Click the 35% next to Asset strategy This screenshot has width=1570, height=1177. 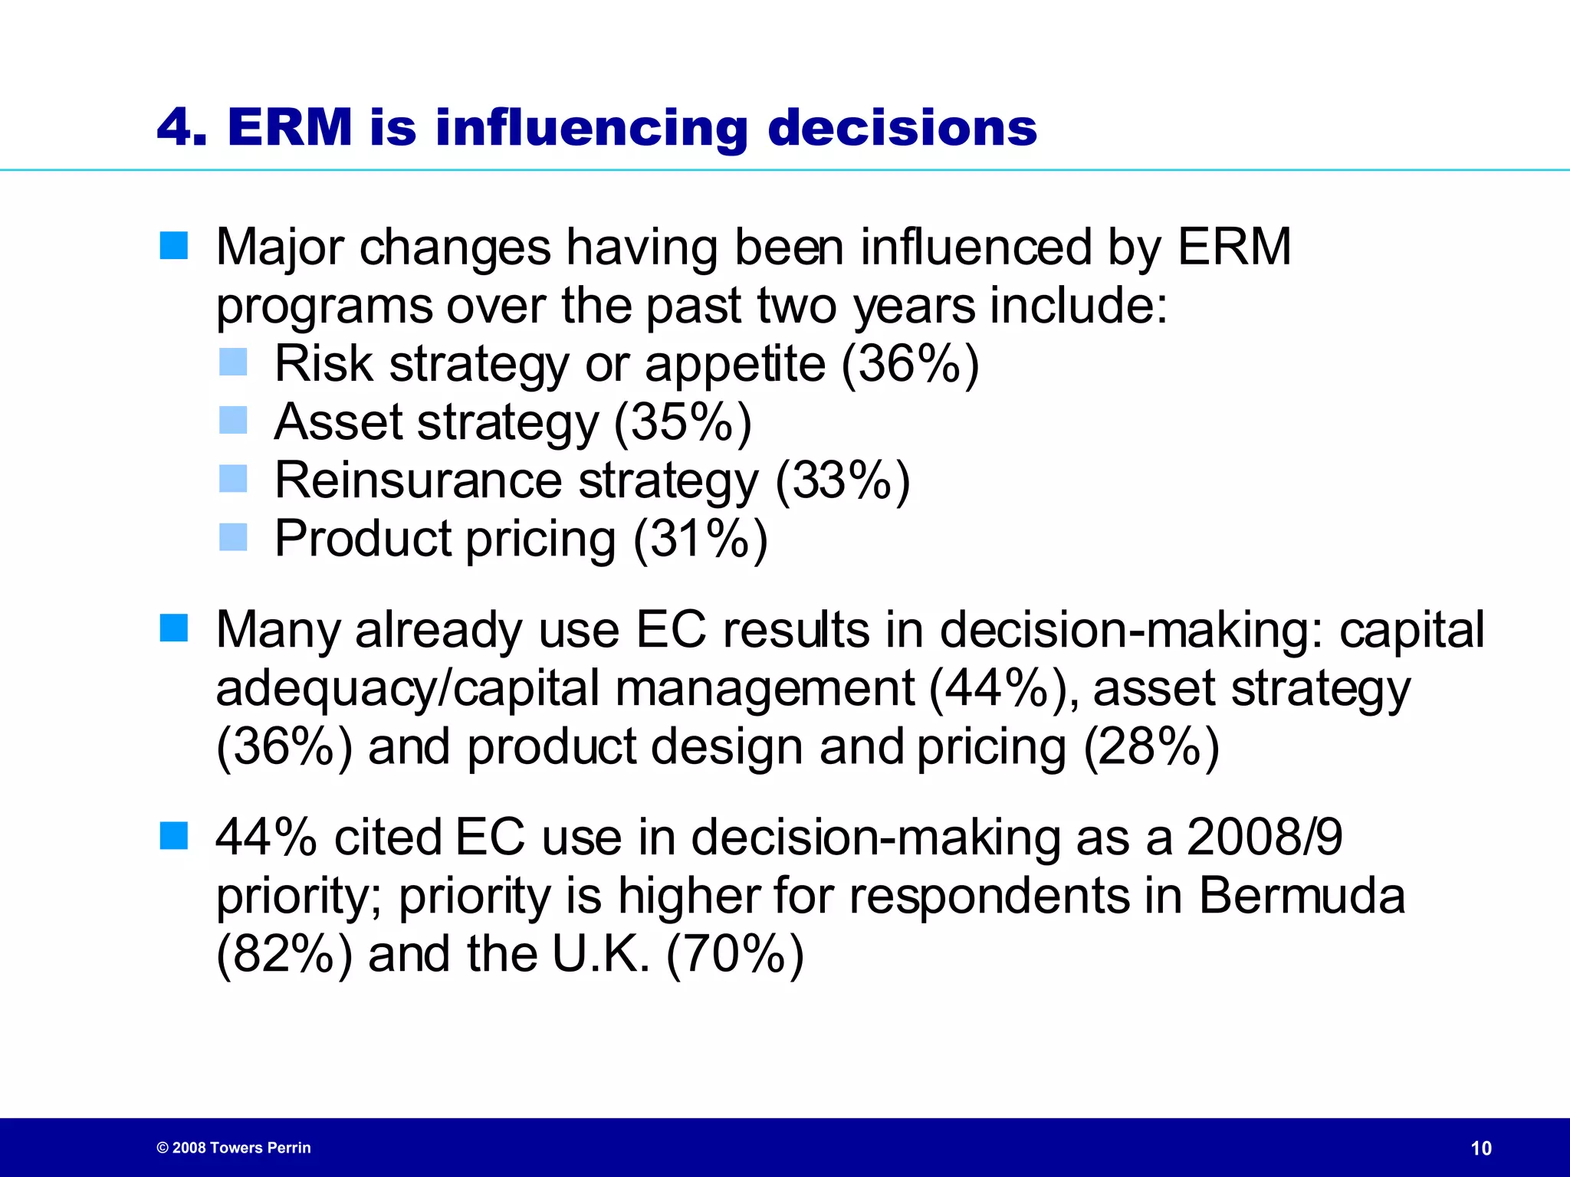(x=682, y=421)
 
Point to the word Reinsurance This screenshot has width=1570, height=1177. (x=419, y=480)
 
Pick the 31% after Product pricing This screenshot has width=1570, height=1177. (x=700, y=539)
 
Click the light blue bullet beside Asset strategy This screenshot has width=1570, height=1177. (x=233, y=420)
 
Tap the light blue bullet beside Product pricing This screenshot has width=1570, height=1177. (x=233, y=537)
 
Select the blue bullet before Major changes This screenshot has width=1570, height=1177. (x=174, y=246)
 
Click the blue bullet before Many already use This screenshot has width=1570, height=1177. (x=174, y=628)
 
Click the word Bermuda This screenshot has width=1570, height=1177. (x=1302, y=895)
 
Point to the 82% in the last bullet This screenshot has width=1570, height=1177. (x=284, y=954)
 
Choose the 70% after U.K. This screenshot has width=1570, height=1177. (x=735, y=954)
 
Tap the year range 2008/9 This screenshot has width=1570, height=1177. (x=1264, y=837)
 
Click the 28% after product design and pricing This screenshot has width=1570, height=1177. (x=1151, y=747)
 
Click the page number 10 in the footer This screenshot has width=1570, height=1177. (x=1481, y=1148)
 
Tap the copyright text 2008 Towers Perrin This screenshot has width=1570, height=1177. (x=234, y=1148)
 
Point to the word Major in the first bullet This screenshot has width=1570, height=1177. (x=280, y=248)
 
